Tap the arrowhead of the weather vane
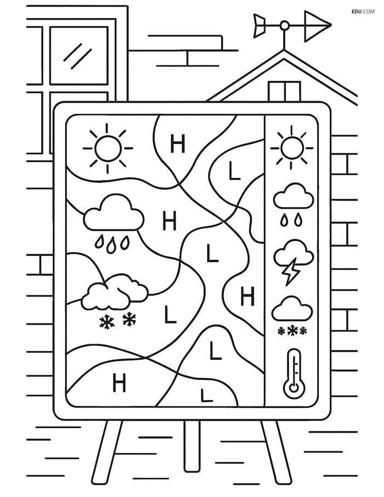pyautogui.click(x=321, y=25)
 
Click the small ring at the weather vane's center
pyautogui.click(x=284, y=25)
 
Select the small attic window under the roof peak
pyautogui.click(x=284, y=91)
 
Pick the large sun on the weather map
pyautogui.click(x=108, y=148)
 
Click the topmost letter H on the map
pyautogui.click(x=178, y=144)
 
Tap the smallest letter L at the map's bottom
pyautogui.click(x=206, y=394)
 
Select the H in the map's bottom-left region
pyautogui.click(x=119, y=382)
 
